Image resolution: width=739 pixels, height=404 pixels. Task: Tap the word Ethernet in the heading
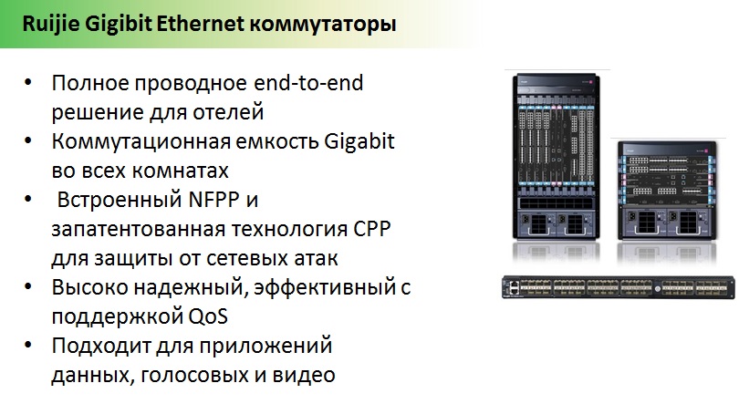click(x=200, y=24)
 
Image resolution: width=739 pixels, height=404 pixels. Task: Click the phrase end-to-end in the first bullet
click(x=308, y=83)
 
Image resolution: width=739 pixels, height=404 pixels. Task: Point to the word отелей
click(x=228, y=112)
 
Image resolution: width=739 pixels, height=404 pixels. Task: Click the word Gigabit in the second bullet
click(x=359, y=141)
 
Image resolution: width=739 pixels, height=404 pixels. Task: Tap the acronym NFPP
click(x=214, y=200)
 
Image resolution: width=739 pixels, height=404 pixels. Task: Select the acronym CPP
click(x=372, y=229)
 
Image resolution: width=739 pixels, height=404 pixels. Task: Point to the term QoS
click(x=208, y=316)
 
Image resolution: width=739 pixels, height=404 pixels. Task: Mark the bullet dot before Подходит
click(x=28, y=345)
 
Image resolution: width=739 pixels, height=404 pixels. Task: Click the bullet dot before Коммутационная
click(x=28, y=140)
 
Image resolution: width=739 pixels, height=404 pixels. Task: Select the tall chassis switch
click(x=557, y=156)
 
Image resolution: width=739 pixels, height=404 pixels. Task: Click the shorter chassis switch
click(x=667, y=191)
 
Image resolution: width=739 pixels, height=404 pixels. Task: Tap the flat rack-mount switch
click(x=619, y=287)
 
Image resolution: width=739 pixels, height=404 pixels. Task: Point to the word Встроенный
click(x=120, y=200)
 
